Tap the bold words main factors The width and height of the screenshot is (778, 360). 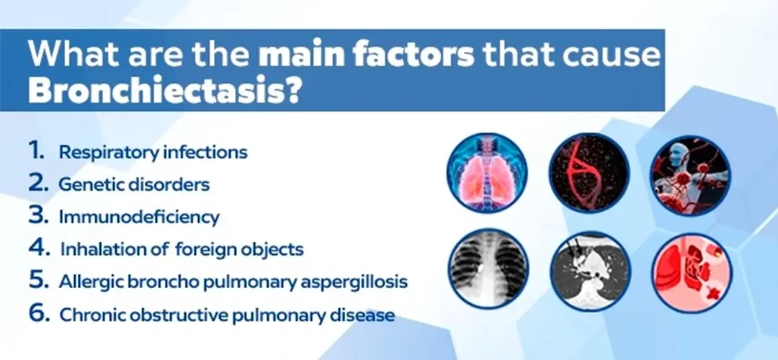tap(367, 55)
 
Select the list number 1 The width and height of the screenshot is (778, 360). tap(36, 151)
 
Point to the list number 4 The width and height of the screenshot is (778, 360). tap(39, 248)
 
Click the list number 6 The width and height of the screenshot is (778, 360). tap(39, 313)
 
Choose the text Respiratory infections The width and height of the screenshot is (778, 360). tap(153, 153)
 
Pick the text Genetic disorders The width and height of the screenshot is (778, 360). tap(134, 184)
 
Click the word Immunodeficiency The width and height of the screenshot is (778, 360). tap(139, 217)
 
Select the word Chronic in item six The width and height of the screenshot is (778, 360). tap(90, 315)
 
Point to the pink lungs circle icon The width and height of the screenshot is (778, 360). tap(487, 173)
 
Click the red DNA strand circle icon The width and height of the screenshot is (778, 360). tap(589, 173)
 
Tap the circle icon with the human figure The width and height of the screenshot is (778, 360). tap(691, 175)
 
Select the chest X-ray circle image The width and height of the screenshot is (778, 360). tap(488, 269)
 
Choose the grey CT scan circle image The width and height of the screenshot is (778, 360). tap(591, 271)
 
